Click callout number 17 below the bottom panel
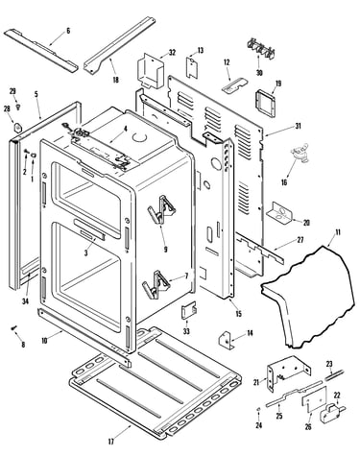110,442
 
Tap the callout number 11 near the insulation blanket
338,232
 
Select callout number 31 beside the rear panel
298,126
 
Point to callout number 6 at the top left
68,31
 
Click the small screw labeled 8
13,328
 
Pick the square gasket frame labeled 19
266,104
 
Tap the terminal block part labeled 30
261,50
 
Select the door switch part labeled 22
332,412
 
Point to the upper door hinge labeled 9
161,209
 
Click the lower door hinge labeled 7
156,284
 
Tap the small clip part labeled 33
189,310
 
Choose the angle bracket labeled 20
279,213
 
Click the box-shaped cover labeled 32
151,70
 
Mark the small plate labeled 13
192,66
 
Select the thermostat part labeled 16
300,153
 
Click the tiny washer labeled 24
258,409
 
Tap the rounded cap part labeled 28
17,127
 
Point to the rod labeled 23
334,374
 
